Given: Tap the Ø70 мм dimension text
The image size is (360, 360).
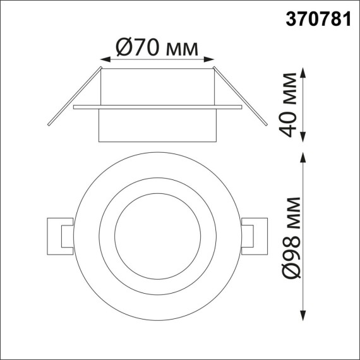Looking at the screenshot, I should click(x=157, y=47).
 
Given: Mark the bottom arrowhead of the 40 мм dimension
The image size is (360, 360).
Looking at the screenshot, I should click(x=304, y=138).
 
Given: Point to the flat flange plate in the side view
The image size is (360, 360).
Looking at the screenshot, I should click(x=157, y=107).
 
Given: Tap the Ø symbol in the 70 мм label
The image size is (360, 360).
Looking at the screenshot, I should click(x=124, y=47).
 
